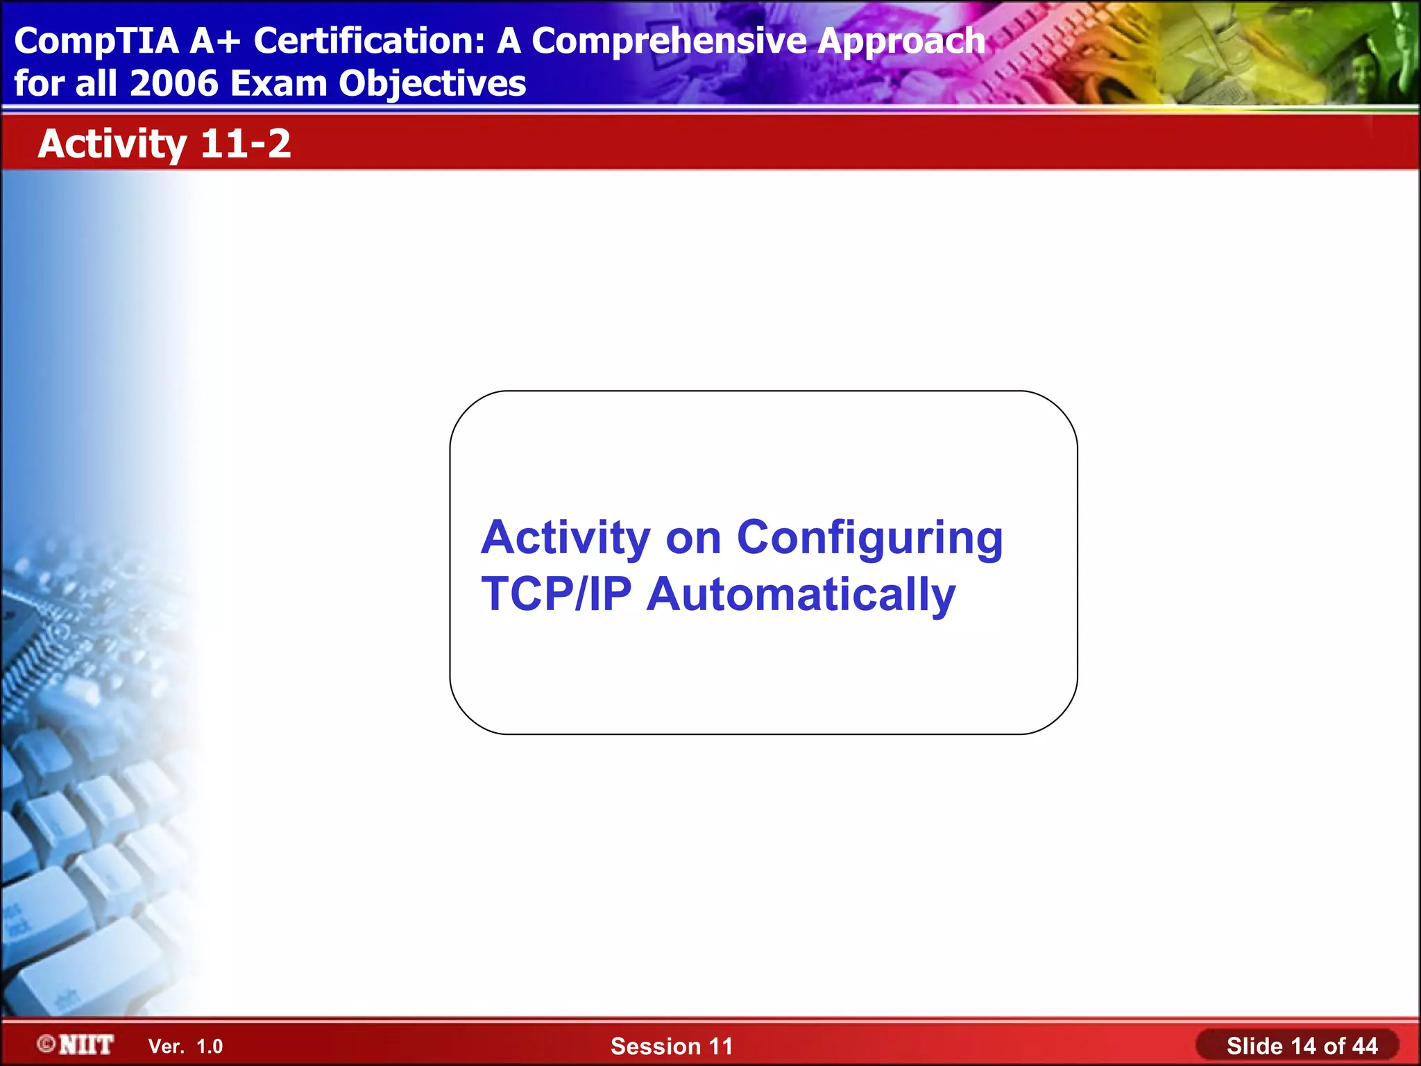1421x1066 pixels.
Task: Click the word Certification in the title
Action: [368, 42]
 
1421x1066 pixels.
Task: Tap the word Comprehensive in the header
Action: [670, 42]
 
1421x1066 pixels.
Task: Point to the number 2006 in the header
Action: [173, 83]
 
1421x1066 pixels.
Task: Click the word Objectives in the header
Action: [432, 85]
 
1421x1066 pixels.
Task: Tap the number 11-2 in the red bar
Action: [246, 144]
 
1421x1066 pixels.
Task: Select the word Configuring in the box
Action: [869, 539]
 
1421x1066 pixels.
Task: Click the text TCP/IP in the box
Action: [556, 594]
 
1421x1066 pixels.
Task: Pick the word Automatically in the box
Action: [801, 595]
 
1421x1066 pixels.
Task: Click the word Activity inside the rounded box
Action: [565, 539]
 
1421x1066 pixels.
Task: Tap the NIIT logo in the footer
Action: [86, 1044]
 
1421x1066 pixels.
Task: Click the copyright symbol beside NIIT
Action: [46, 1044]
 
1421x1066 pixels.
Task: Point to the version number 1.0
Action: [210, 1047]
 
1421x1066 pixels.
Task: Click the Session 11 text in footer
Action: [671, 1046]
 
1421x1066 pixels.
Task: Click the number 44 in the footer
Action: [1364, 1046]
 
